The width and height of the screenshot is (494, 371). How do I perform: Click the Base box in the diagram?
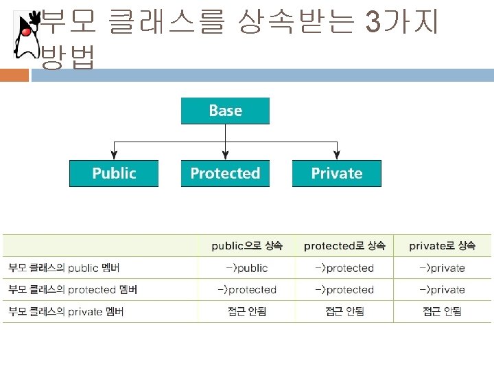225,111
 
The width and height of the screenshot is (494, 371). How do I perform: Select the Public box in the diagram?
114,173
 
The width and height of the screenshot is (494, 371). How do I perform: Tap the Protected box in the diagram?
225,173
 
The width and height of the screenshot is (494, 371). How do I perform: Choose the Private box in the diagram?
336,173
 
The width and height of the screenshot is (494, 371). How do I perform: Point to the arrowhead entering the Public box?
114,156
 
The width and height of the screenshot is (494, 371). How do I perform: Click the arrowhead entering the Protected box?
225,156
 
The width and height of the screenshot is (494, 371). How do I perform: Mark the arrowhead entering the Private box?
336,156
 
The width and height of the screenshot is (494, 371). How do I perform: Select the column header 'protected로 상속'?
344,245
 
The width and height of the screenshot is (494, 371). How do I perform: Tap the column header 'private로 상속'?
441,245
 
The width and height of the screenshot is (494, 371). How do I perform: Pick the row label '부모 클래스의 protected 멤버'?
73,289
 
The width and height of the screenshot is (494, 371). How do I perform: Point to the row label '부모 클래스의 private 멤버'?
66,311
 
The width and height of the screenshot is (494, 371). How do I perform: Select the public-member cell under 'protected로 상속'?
344,267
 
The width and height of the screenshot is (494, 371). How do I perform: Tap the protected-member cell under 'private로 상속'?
441,289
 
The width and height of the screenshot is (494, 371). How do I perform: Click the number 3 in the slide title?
373,23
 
